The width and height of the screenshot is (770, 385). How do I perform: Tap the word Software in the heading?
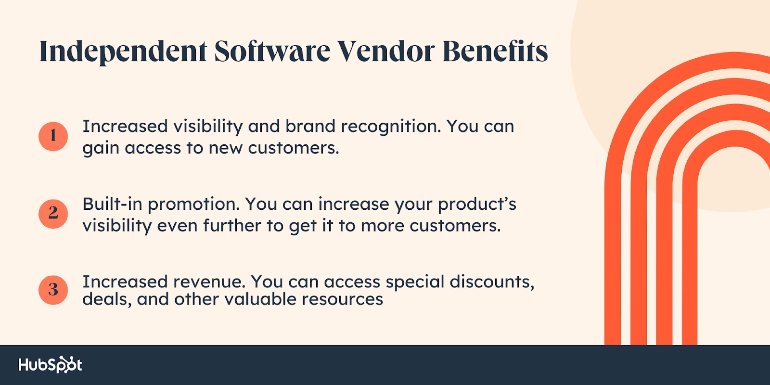click(272, 51)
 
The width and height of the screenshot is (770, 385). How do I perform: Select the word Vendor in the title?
click(386, 51)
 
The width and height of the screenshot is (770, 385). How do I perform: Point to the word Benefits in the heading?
click(495, 51)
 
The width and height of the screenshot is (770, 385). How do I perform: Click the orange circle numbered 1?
click(53, 137)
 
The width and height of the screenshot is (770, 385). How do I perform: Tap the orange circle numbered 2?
click(53, 214)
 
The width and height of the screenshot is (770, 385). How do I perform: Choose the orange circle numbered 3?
click(53, 290)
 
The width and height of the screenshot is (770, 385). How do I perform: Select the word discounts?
click(492, 282)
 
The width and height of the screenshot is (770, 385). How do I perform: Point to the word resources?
click(342, 299)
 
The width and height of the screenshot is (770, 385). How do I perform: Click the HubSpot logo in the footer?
click(50, 365)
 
